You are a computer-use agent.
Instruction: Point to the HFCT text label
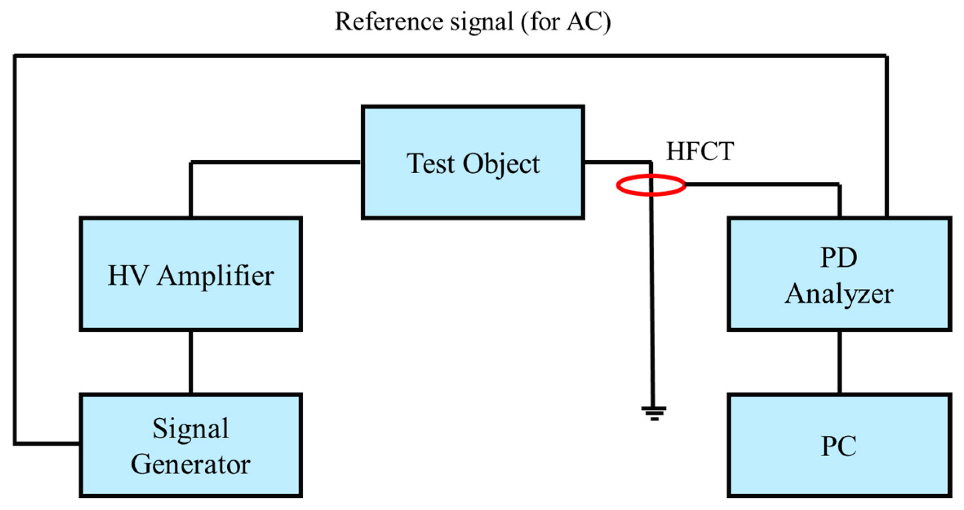click(x=700, y=151)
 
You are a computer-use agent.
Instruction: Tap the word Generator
click(x=191, y=464)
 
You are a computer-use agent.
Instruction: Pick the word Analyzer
click(x=839, y=294)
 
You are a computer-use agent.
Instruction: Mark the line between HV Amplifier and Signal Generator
click(x=191, y=362)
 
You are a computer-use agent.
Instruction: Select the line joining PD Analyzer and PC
click(x=839, y=362)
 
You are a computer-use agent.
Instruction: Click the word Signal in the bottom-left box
click(x=191, y=428)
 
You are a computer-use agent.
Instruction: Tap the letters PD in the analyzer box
click(x=839, y=258)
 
